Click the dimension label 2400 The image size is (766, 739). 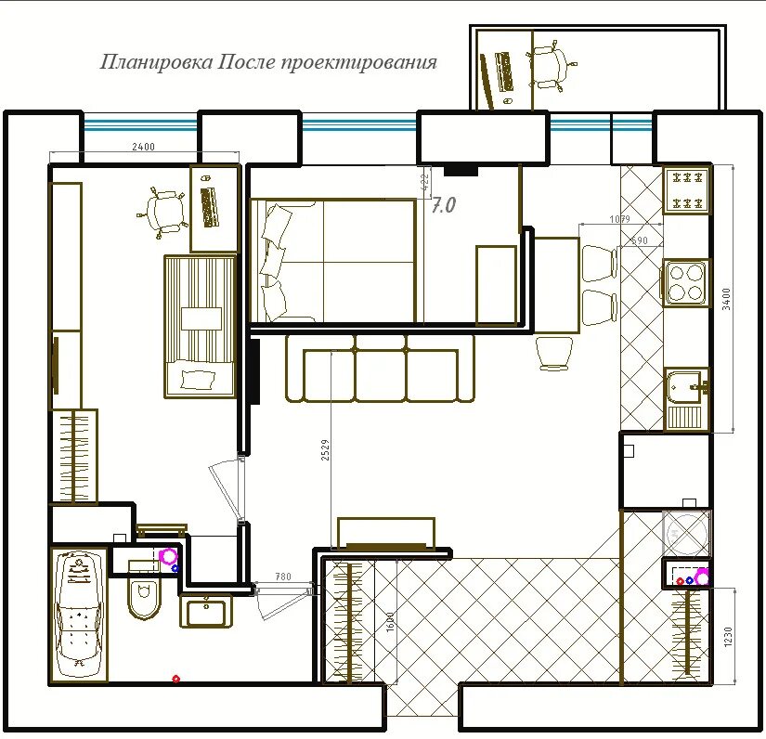pos(143,147)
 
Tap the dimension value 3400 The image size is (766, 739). pos(726,299)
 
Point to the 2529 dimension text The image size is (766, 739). pos(325,450)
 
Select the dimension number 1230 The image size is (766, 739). pos(728,637)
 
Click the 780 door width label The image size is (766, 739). pos(283,577)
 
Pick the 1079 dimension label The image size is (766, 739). pos(619,219)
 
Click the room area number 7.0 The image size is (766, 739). pos(444,205)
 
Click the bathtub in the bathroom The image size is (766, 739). pos(79,614)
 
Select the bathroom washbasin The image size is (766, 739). pos(206,610)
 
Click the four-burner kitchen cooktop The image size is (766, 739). pos(685,282)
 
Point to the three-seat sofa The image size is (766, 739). pos(380,369)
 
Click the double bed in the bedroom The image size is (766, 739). pos(333,261)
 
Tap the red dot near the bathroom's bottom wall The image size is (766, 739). pos(176,679)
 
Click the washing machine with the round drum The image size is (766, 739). pos(686,534)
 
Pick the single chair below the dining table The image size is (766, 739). pos(554,353)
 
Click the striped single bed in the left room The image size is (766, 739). pos(201,326)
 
